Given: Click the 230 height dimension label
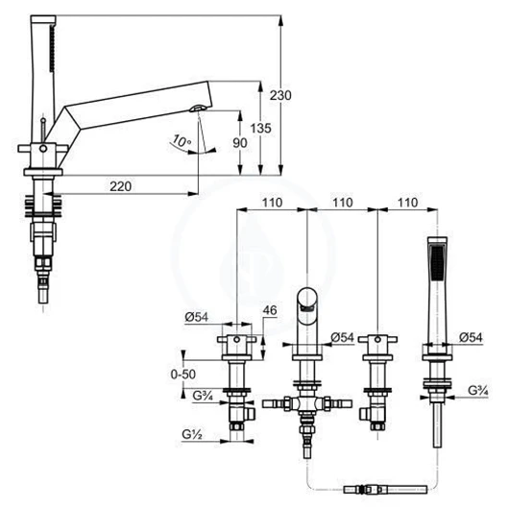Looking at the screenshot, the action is (x=280, y=95).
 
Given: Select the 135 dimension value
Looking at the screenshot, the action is (x=260, y=129).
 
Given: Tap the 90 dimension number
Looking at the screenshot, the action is (x=240, y=143).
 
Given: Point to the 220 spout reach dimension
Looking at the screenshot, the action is (x=120, y=186).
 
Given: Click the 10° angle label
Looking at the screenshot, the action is (x=182, y=140).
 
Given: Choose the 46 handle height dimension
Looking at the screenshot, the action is (x=270, y=310).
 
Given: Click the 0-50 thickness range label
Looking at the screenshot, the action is (x=183, y=375).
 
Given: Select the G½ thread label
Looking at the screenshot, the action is (x=192, y=434).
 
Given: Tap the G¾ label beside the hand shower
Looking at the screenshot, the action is (x=478, y=391).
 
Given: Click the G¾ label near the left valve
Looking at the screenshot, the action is (x=203, y=396).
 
